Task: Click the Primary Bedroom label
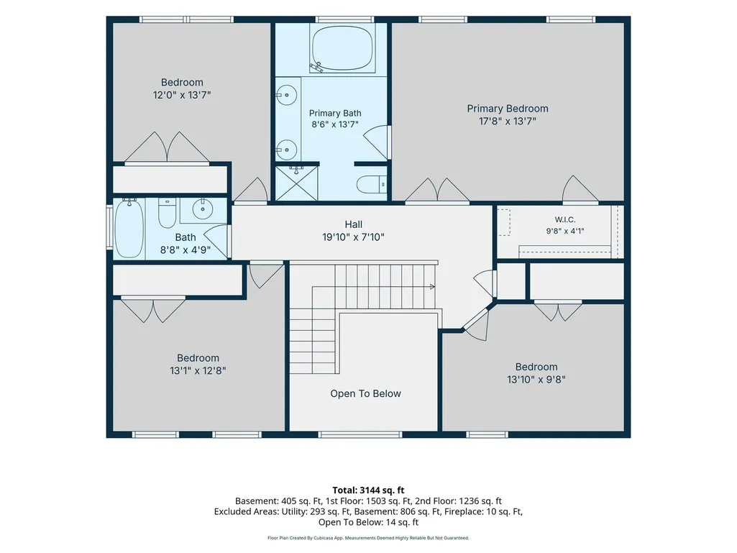(x=508, y=109)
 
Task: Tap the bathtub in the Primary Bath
(x=342, y=48)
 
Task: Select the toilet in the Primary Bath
(x=371, y=184)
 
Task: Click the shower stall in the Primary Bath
(x=296, y=183)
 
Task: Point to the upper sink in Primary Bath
(x=286, y=96)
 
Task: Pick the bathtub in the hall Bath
(x=129, y=228)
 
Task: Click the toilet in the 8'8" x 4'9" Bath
(x=167, y=213)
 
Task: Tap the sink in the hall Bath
(x=203, y=209)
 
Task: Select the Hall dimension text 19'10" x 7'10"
(x=354, y=237)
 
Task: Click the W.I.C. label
(x=565, y=219)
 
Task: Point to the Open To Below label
(x=366, y=393)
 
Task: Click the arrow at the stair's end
(x=432, y=286)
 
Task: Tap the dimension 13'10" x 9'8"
(x=536, y=380)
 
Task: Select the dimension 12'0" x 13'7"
(x=182, y=95)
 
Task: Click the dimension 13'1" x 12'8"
(x=198, y=370)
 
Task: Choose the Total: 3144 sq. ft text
(x=368, y=490)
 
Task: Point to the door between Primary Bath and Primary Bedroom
(x=377, y=142)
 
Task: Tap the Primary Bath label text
(x=335, y=114)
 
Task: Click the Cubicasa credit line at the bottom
(x=368, y=538)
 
